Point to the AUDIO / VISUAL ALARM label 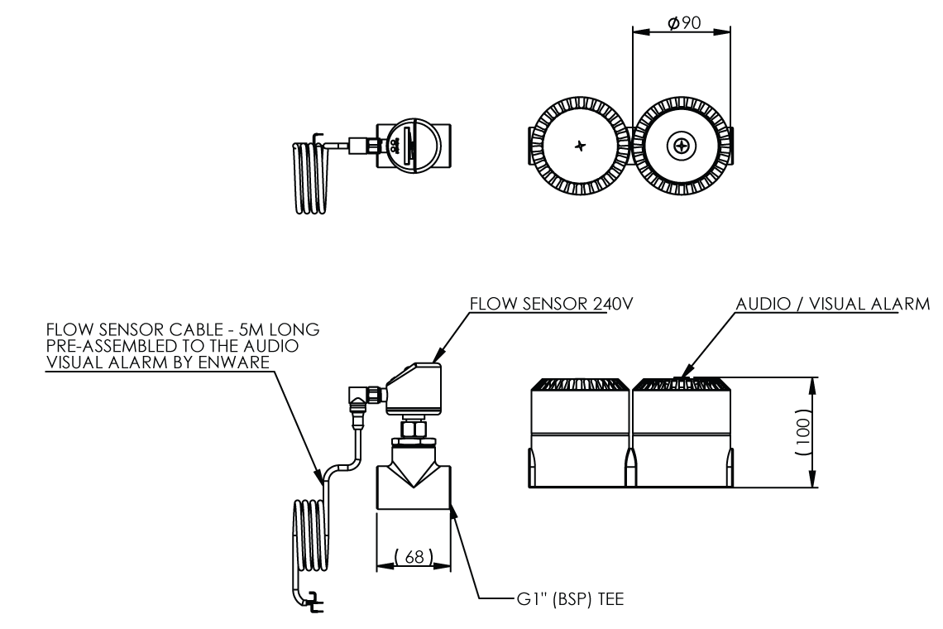point(833,303)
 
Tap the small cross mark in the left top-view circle point(580,146)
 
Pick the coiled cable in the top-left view point(309,178)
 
